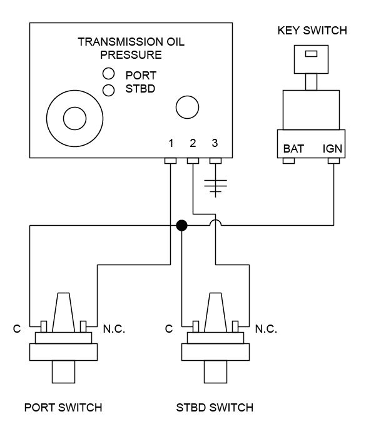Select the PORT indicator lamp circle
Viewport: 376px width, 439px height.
(x=108, y=74)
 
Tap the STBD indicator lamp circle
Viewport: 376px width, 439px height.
(x=108, y=90)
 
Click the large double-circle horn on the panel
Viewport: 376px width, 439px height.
(x=74, y=118)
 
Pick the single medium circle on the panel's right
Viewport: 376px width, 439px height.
(x=187, y=107)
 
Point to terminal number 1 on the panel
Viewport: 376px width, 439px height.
(x=171, y=144)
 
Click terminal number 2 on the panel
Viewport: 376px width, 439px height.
(x=193, y=144)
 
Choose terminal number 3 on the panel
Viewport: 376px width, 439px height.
(x=215, y=144)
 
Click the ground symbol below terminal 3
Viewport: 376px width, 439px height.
(x=215, y=186)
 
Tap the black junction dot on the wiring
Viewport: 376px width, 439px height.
(x=181, y=226)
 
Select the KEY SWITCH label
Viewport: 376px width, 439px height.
(x=311, y=31)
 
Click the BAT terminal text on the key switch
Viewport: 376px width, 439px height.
(x=293, y=149)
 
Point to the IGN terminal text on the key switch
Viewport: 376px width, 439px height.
(x=332, y=149)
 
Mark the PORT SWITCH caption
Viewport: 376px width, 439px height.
(x=63, y=408)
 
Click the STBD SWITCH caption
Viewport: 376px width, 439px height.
(x=215, y=408)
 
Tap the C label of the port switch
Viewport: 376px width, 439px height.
(x=17, y=328)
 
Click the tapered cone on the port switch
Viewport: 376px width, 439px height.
(x=63, y=312)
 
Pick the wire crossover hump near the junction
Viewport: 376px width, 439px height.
(x=215, y=223)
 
